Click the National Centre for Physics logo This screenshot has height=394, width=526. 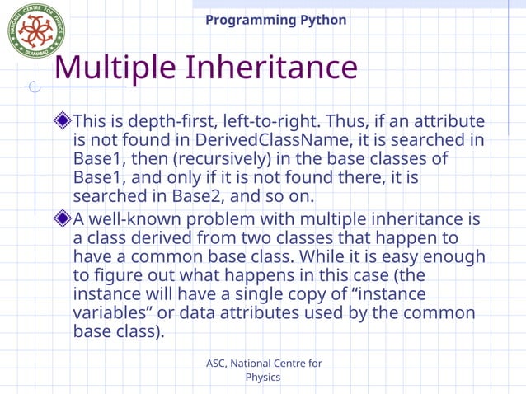tap(36, 30)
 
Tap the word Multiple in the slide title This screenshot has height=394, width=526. tap(114, 68)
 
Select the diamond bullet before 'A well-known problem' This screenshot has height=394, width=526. tap(63, 219)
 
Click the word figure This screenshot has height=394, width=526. tap(115, 276)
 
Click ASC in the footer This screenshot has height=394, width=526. tap(216, 364)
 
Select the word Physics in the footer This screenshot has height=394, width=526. tap(263, 378)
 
